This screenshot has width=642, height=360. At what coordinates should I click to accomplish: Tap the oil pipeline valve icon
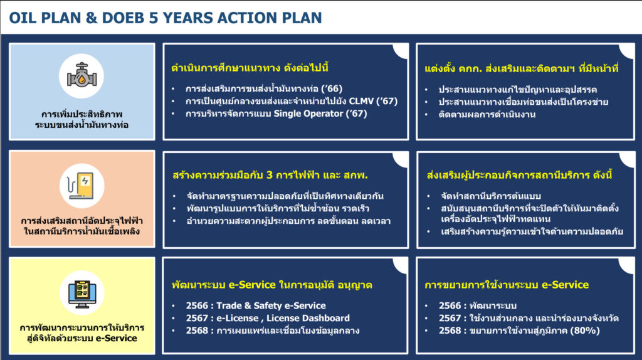[x=82, y=76]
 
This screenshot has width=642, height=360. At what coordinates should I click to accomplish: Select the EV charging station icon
[x=82, y=186]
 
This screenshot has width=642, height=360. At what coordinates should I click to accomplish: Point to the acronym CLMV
[x=361, y=101]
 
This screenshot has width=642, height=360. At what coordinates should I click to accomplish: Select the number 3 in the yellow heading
[x=270, y=175]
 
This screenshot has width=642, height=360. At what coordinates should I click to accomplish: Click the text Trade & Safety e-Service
[x=271, y=305]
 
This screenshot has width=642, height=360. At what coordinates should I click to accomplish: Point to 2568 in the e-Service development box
[x=197, y=331]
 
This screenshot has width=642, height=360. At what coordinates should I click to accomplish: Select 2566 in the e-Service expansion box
[x=450, y=305]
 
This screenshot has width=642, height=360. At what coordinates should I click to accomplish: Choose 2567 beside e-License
[x=197, y=318]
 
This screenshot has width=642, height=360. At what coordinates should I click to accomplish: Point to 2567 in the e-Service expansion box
[x=450, y=318]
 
